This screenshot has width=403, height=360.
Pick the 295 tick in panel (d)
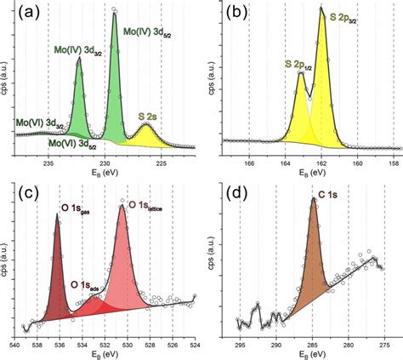pos(240,346)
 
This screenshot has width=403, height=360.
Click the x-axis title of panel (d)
pos(313,355)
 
